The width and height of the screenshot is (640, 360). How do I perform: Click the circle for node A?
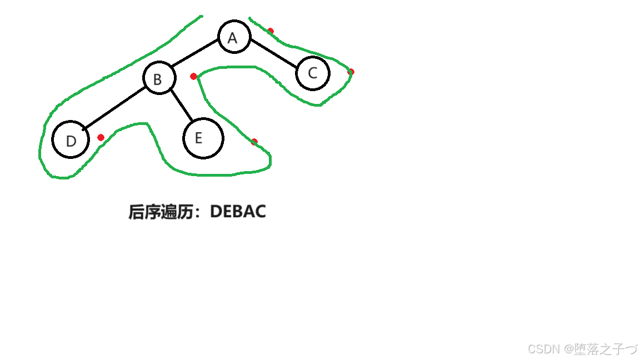(x=234, y=37)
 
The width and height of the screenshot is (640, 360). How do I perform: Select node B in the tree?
(x=159, y=78)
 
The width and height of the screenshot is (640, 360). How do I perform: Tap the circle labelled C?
(x=313, y=73)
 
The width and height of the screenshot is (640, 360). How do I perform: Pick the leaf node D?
(x=71, y=139)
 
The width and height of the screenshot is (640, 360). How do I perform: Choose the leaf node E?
(x=203, y=138)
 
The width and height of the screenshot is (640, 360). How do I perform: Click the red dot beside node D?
(x=101, y=137)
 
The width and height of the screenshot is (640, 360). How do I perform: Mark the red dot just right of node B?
(x=193, y=76)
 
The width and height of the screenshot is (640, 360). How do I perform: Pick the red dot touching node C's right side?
(x=351, y=72)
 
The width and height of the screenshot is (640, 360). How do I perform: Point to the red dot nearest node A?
(x=271, y=31)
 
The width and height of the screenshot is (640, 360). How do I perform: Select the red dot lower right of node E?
(x=254, y=142)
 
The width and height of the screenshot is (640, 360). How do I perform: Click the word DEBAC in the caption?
(x=238, y=212)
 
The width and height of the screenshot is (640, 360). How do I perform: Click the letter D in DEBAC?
(x=216, y=212)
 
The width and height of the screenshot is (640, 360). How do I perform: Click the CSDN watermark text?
(x=543, y=349)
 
